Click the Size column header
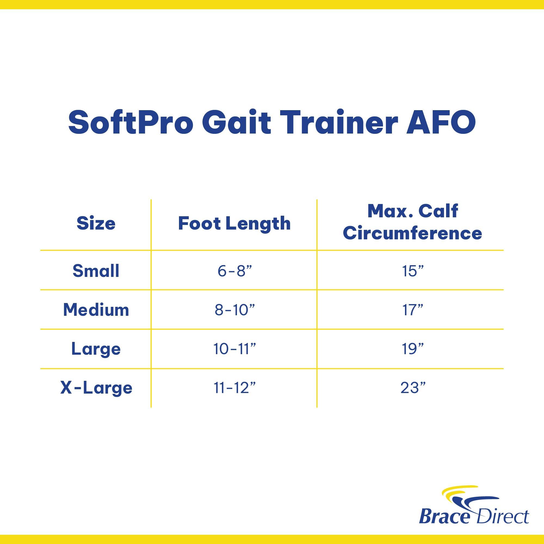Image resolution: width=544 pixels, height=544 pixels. coord(96,224)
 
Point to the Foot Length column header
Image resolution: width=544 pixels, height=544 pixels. coord(234,224)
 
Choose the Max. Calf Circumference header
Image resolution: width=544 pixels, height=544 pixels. coord(413,222)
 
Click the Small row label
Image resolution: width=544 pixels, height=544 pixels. coord(96,271)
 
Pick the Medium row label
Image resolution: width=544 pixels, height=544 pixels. coord(96,310)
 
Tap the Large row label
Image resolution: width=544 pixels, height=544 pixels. coord(96,349)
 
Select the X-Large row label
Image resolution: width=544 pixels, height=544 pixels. coord(96,388)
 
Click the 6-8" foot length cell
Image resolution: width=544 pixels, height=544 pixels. coord(234,271)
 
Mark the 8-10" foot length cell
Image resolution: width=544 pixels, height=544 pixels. coord(234,310)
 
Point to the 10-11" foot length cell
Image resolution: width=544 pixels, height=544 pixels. coord(234,349)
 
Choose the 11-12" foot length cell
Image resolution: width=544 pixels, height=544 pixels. coord(234,388)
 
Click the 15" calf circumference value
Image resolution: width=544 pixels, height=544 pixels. coord(413,271)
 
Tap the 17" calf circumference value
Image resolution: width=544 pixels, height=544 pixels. coord(413,310)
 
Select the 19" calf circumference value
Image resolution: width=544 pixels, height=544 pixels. coord(413,349)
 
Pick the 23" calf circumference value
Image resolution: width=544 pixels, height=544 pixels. coord(413,388)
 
